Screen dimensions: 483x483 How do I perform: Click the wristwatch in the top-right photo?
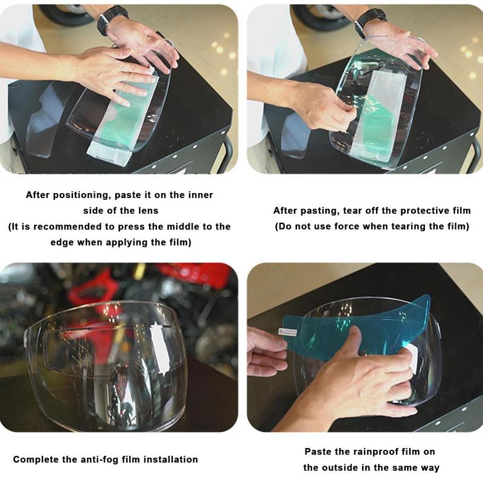369,21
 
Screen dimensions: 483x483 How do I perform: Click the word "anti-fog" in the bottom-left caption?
100,459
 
